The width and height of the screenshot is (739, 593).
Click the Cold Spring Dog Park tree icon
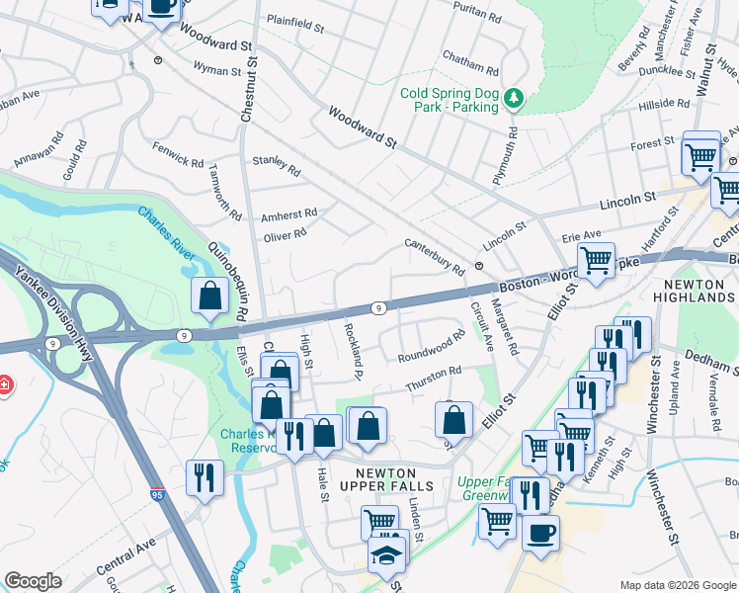coord(513,98)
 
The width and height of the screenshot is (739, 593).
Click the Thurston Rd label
coord(431,377)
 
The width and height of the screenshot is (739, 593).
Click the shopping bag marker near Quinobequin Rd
coord(211,296)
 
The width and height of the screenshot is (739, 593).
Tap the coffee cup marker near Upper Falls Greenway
coord(540,534)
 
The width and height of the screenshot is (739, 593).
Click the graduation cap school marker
coord(387,555)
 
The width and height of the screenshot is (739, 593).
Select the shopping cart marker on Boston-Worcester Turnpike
coord(596,261)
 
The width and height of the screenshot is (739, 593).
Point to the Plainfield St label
coord(295,23)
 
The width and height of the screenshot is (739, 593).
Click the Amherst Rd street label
coord(288,213)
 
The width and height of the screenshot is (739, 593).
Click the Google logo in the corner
coord(33,581)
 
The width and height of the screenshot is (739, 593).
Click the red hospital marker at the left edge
coord(4,383)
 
